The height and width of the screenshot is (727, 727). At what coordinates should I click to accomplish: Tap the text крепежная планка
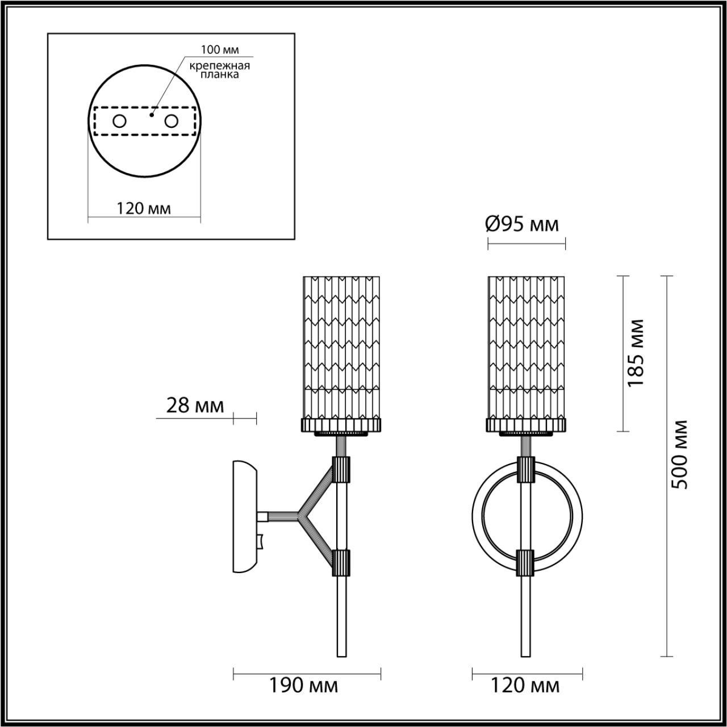pyautogui.click(x=219, y=70)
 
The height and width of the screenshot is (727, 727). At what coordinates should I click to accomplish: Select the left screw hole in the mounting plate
pyautogui.click(x=119, y=121)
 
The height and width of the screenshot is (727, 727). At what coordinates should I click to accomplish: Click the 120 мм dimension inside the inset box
pyautogui.click(x=144, y=208)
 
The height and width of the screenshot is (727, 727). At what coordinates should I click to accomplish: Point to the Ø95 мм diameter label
pyautogui.click(x=522, y=224)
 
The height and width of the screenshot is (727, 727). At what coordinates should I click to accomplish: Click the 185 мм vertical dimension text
pyautogui.click(x=637, y=352)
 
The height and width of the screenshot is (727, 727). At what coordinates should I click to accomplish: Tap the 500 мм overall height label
pyautogui.click(x=679, y=454)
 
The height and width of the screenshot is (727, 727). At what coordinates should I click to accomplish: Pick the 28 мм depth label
pyautogui.click(x=195, y=406)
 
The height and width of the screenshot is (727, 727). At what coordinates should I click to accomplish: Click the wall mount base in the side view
pyautogui.click(x=245, y=516)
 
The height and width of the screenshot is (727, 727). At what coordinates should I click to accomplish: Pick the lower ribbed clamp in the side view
pyautogui.click(x=342, y=562)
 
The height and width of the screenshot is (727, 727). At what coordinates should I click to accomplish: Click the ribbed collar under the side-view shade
pyautogui.click(x=341, y=425)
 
